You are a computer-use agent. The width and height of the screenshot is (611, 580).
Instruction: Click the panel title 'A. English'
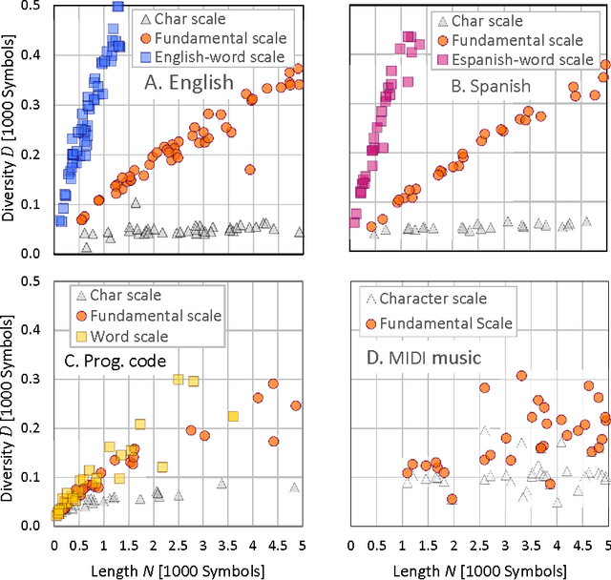coord(188,82)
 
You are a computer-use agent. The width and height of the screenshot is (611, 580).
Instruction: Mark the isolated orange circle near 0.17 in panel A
coord(250,170)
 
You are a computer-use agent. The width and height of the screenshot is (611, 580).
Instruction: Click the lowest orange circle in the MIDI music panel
coord(452,499)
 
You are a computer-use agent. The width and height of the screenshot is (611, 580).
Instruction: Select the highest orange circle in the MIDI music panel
coord(521,376)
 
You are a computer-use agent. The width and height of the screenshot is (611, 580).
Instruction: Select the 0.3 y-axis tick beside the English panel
coord(33,105)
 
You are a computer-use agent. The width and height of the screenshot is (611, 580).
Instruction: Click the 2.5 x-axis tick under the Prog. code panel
coord(178,546)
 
